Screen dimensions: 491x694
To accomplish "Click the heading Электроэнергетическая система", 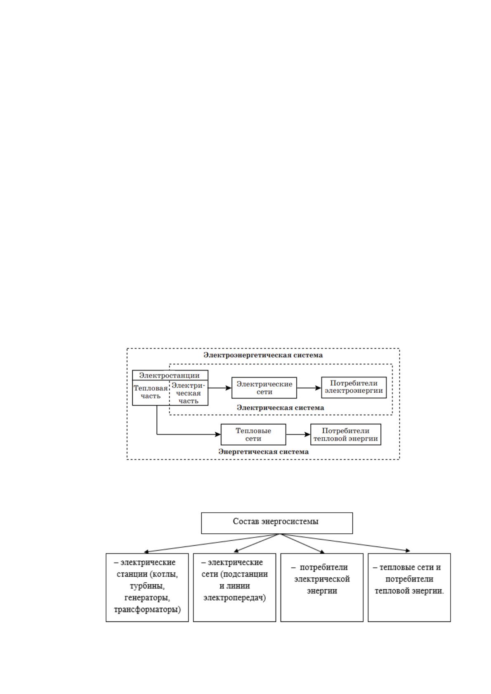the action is point(263,355).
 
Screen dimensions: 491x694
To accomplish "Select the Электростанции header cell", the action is point(170,375).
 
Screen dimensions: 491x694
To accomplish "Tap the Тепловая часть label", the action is point(151,392).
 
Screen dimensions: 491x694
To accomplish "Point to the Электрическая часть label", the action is point(188,393).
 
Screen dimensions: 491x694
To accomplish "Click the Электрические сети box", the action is point(264,387).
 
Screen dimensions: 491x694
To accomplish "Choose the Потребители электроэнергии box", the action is point(354,387).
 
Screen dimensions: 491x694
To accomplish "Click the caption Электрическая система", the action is point(281,408).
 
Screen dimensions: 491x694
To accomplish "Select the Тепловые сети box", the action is point(253,434).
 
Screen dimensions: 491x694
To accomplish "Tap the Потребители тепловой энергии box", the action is point(345,434).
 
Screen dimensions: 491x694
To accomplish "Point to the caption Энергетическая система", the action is point(263,451).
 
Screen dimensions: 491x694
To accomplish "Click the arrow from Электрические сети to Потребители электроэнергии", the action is point(309,387).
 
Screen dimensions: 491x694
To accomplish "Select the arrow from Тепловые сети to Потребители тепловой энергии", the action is point(298,434).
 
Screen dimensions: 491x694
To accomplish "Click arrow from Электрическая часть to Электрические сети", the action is point(220,387).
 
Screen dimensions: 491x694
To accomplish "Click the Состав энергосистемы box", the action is point(277,523).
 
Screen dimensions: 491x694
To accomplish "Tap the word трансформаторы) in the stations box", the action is point(147,610).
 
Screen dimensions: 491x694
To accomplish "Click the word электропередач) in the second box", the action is point(234,598).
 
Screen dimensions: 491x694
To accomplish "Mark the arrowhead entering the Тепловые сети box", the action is point(218,434).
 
